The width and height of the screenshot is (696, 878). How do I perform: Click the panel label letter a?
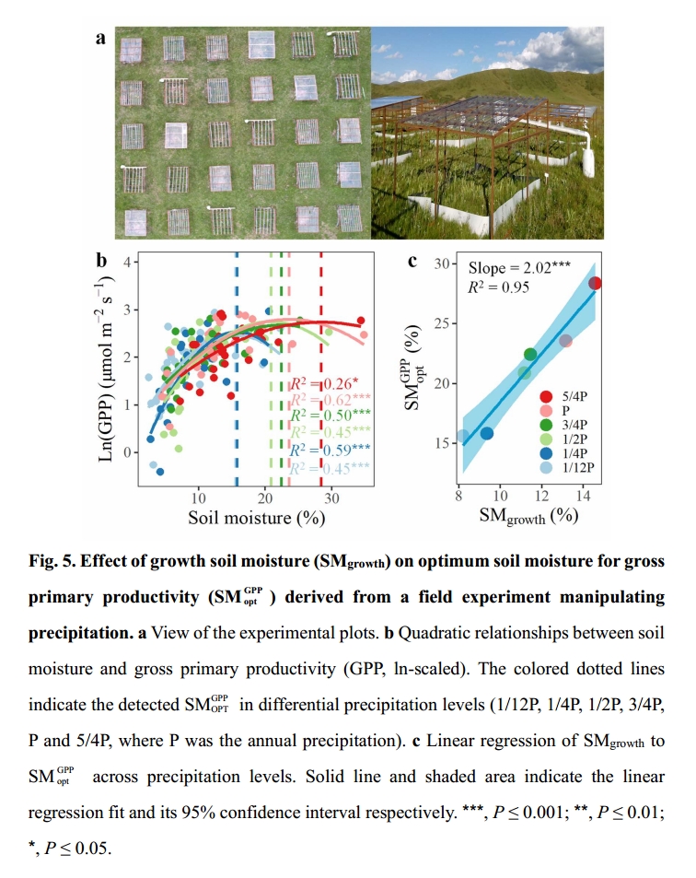pos(101,39)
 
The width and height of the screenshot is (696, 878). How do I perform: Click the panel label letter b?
pos(102,261)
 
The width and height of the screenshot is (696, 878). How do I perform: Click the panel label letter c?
pos(413,261)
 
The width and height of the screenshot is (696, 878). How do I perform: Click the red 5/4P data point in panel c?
pos(595,283)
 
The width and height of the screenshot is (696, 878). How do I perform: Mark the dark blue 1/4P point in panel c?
pos(487,433)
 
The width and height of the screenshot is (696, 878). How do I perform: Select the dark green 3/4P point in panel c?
pos(530,355)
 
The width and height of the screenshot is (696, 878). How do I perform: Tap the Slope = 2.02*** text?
pos(519,268)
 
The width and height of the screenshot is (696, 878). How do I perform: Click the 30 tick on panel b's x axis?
pos(331,498)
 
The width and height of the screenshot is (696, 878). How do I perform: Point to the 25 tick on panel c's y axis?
pos(447,323)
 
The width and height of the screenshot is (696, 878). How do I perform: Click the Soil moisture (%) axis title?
pos(257,518)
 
